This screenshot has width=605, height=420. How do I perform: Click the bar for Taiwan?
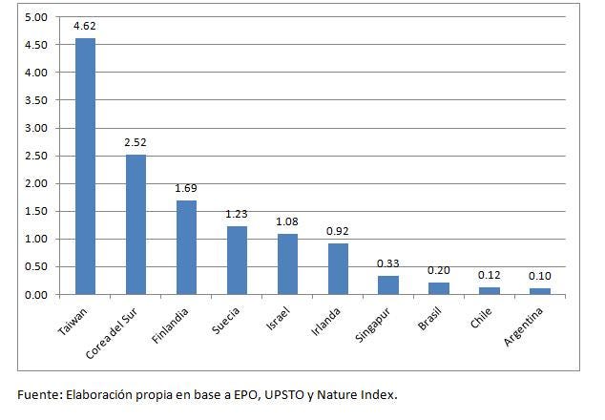pos(85,166)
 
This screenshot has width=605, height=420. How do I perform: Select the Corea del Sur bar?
pos(136,224)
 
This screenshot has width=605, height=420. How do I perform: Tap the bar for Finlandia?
pos(186,247)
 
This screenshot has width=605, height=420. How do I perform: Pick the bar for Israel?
pos(287,264)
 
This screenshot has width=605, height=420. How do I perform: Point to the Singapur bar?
pos(388,285)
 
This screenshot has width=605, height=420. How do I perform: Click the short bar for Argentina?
pos(540,291)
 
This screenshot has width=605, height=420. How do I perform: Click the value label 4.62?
pos(85,26)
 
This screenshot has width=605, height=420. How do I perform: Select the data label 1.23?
pos(236,214)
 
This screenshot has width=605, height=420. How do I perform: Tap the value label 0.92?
pos(337,231)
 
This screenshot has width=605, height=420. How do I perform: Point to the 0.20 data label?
pos(439,270)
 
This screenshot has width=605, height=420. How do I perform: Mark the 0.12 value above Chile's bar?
pos(490,275)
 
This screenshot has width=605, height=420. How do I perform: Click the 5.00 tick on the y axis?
pos(36,17)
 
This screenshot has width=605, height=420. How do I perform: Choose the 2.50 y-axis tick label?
pos(36,156)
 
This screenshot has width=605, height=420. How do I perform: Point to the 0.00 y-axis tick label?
pos(36,295)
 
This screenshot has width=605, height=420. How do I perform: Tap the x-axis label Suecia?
pos(226,321)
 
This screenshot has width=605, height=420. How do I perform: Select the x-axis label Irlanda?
pos(326,322)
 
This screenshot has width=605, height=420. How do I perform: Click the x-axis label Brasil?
pos(429,319)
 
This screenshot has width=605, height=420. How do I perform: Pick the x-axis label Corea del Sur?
pos(112,334)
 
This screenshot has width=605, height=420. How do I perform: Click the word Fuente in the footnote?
pos(37,395)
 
